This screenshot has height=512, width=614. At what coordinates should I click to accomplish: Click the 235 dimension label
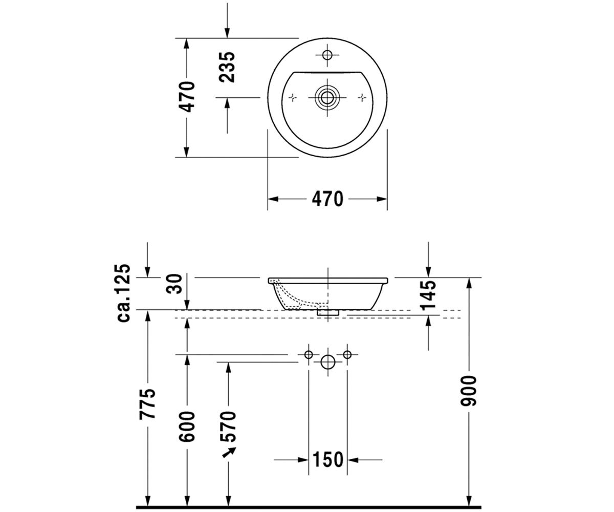pyautogui.click(x=227, y=67)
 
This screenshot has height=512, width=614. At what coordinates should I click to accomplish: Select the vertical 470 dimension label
pyautogui.click(x=187, y=97)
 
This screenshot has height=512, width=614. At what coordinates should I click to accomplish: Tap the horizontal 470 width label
pyautogui.click(x=327, y=199)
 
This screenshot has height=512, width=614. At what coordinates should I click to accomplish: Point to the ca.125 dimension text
pyautogui.click(x=123, y=293)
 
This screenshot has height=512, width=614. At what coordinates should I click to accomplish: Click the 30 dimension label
pyautogui.click(x=174, y=284)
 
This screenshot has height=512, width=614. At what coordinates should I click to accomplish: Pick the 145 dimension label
pyautogui.click(x=428, y=295)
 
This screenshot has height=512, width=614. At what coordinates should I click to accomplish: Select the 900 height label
pyautogui.click(x=468, y=391)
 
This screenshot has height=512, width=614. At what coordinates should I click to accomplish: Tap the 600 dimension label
pyautogui.click(x=187, y=426)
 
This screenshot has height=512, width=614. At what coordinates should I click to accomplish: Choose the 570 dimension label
pyautogui.click(x=228, y=426)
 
